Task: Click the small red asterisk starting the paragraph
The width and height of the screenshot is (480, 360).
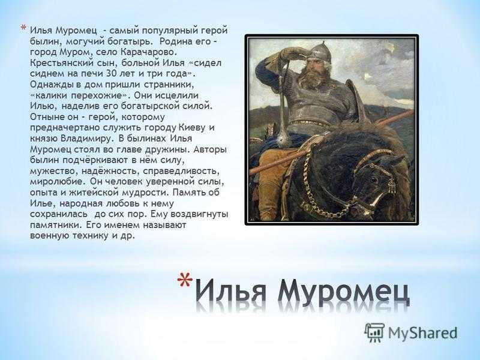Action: [x=23, y=28]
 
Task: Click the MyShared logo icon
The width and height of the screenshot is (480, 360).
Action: [x=374, y=332]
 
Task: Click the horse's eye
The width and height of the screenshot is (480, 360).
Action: [x=373, y=179]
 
